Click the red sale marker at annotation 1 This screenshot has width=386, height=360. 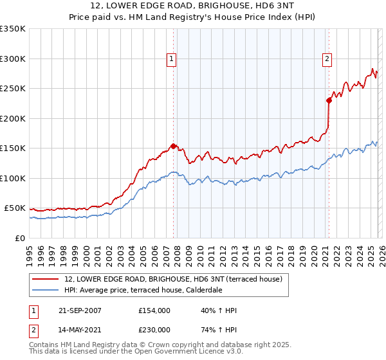(x=173, y=146)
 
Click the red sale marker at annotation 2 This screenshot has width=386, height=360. (x=328, y=100)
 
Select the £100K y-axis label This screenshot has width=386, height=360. (x=12, y=178)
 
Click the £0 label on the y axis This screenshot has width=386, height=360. (x=19, y=238)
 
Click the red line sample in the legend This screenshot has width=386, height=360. (x=46, y=279)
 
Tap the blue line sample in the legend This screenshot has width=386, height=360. (x=46, y=290)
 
